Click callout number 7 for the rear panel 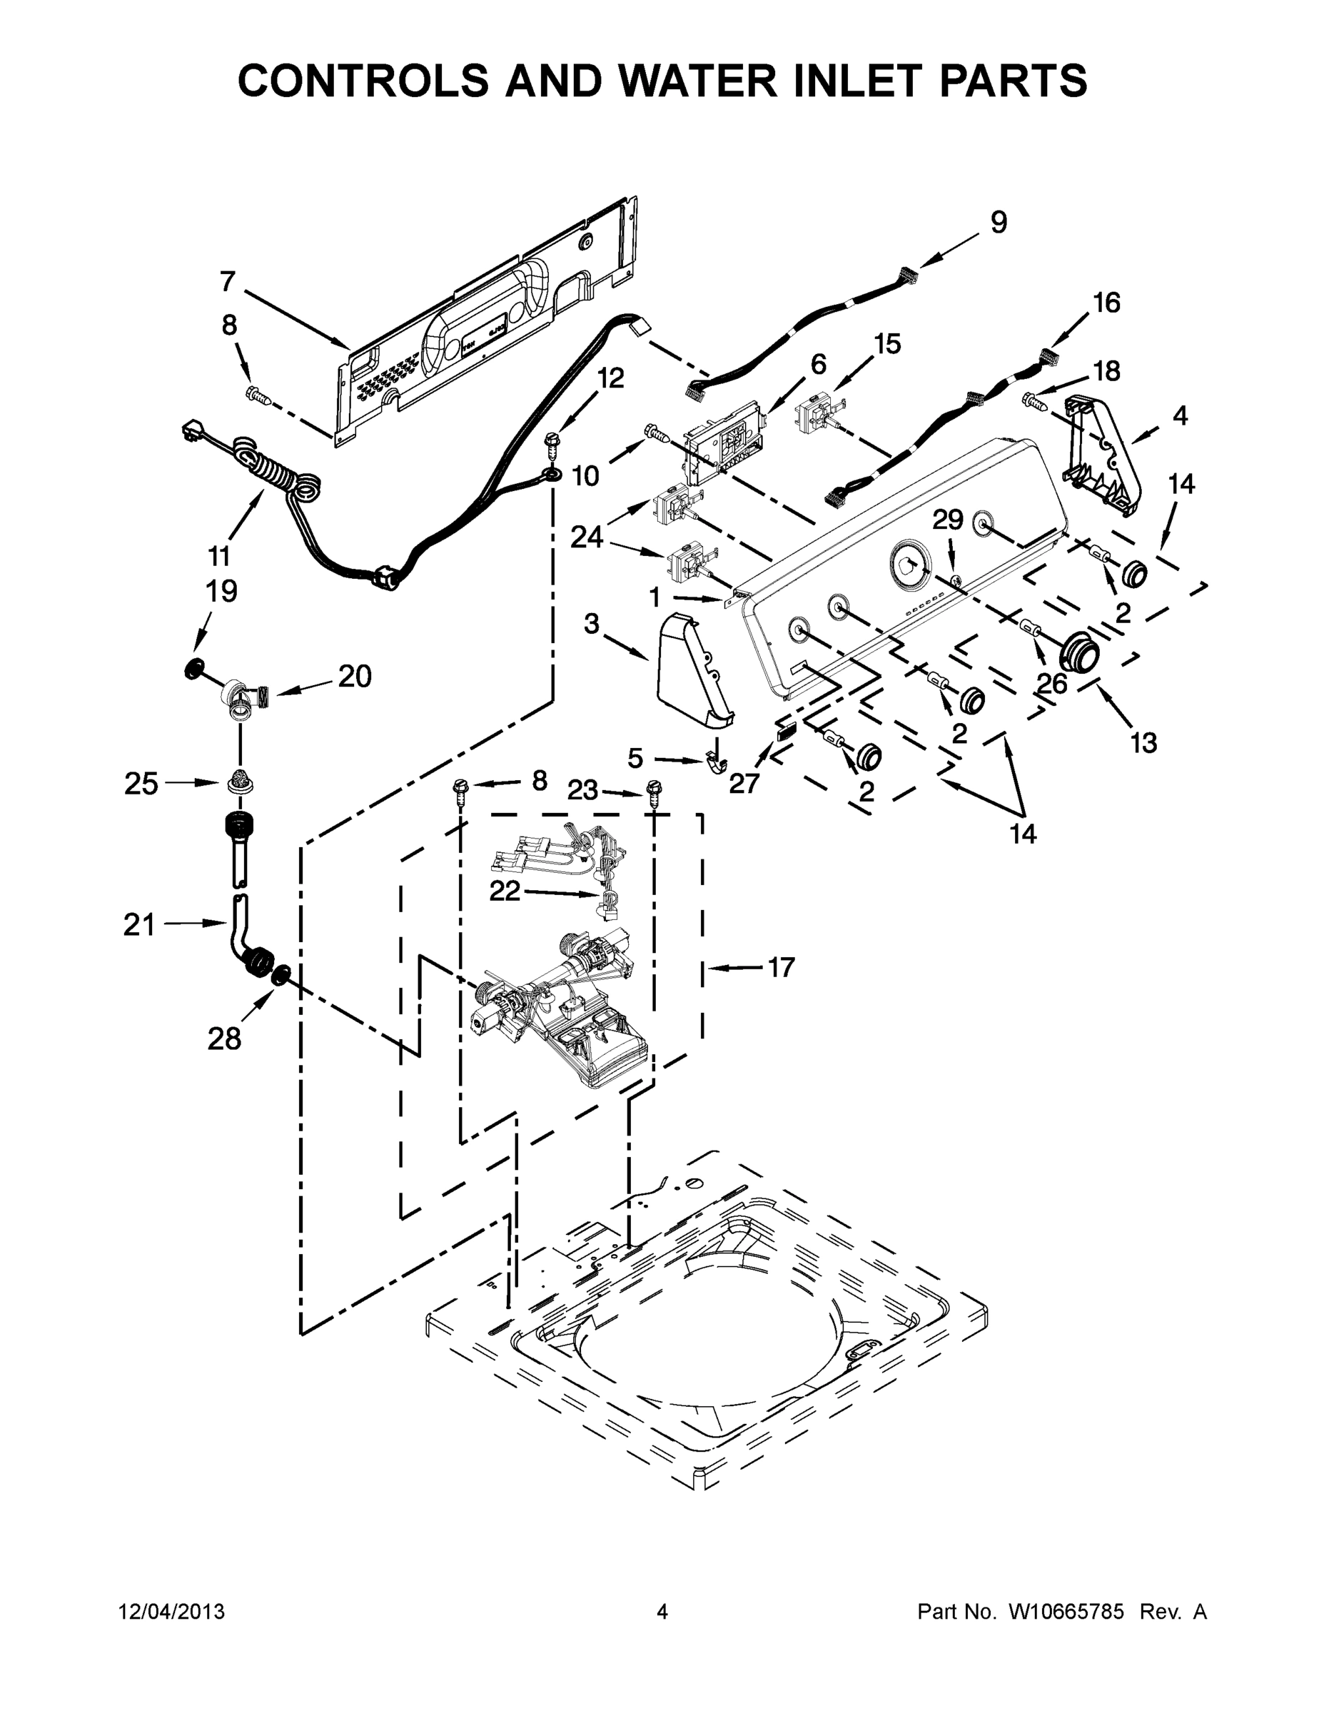tap(228, 281)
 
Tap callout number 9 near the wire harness tap(998, 223)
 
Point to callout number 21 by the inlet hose tap(139, 925)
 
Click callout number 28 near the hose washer tap(223, 1039)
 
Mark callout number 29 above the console tap(948, 519)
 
